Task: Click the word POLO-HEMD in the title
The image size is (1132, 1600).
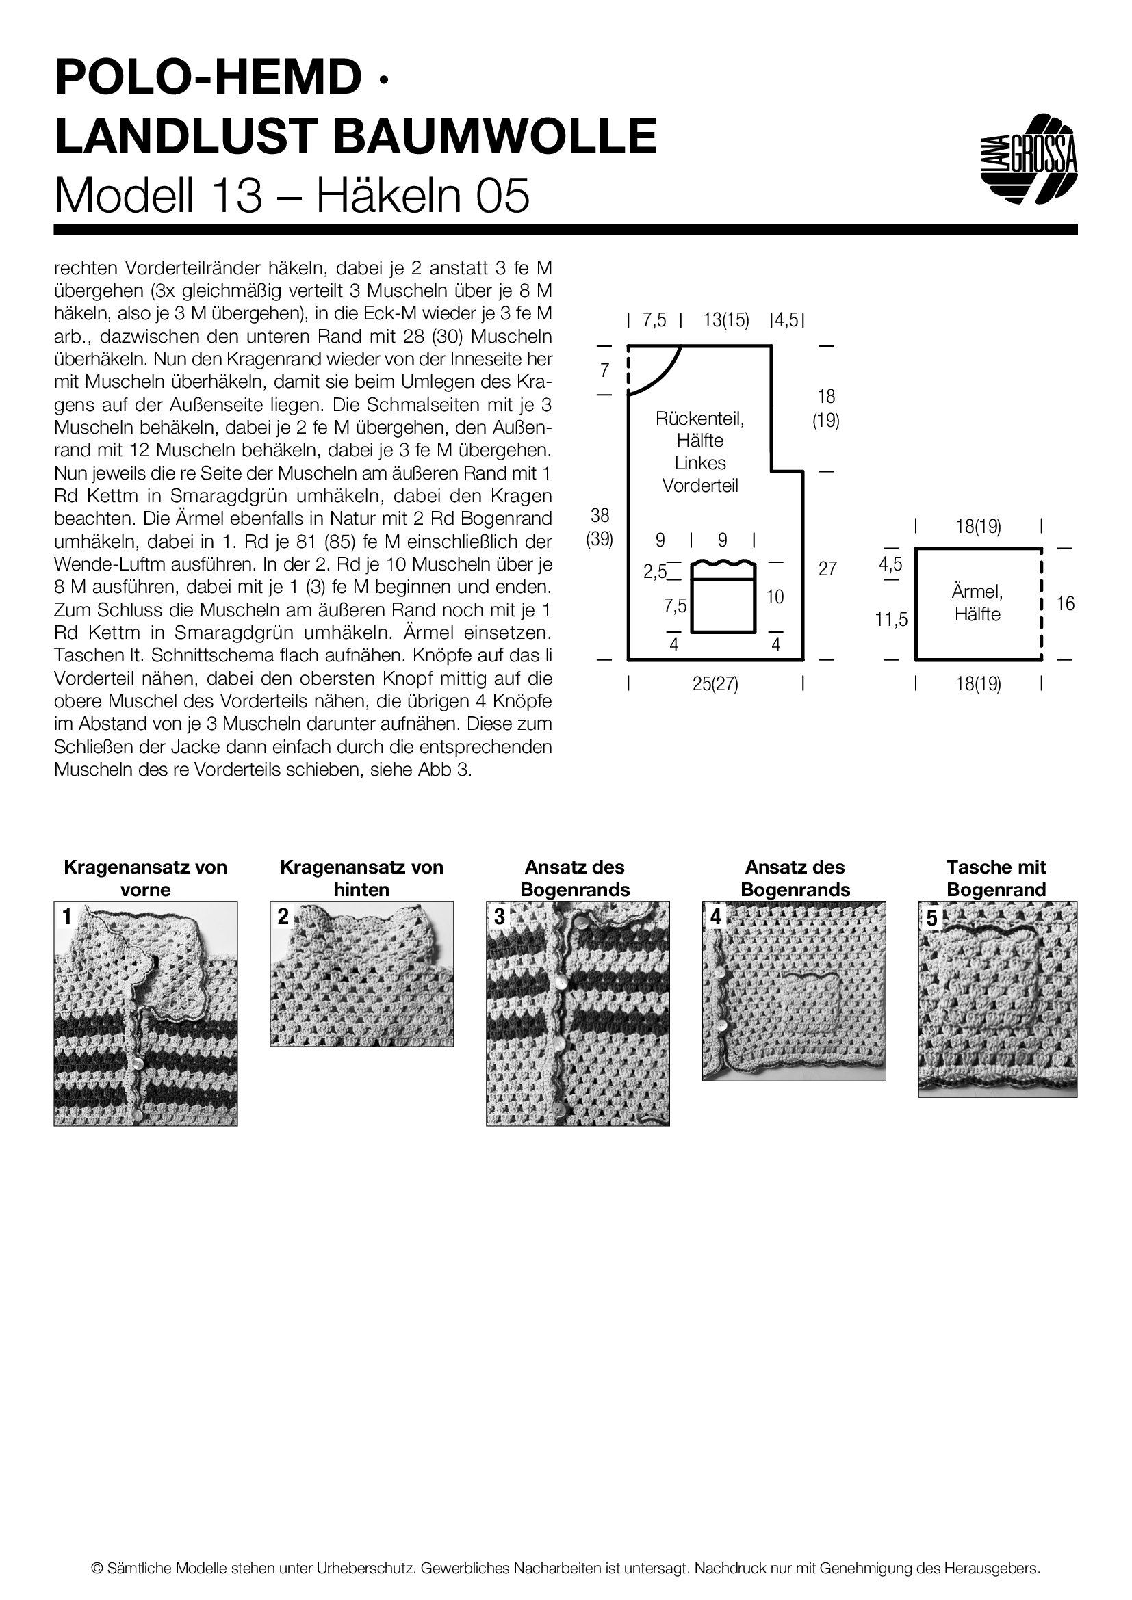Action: [x=208, y=77]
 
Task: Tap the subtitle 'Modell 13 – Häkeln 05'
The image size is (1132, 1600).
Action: [x=292, y=196]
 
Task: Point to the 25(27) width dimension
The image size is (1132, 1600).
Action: [x=715, y=684]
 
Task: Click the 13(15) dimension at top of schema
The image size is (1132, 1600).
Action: [x=725, y=321]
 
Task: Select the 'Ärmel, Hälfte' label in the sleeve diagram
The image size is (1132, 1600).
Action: [x=977, y=603]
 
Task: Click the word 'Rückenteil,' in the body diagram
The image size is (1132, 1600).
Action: [x=700, y=418]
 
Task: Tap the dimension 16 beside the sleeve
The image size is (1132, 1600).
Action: [x=1065, y=603]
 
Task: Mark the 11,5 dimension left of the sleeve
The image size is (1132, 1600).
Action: [x=892, y=619]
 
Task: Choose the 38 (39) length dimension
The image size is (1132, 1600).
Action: [x=600, y=527]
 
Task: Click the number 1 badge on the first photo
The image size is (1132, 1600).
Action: [x=67, y=917]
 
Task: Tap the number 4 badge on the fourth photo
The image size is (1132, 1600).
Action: [x=715, y=917]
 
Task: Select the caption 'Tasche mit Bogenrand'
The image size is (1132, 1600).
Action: [x=996, y=878]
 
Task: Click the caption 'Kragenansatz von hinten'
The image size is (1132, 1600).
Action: [x=361, y=878]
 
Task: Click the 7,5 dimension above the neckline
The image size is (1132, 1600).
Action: [x=654, y=321]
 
